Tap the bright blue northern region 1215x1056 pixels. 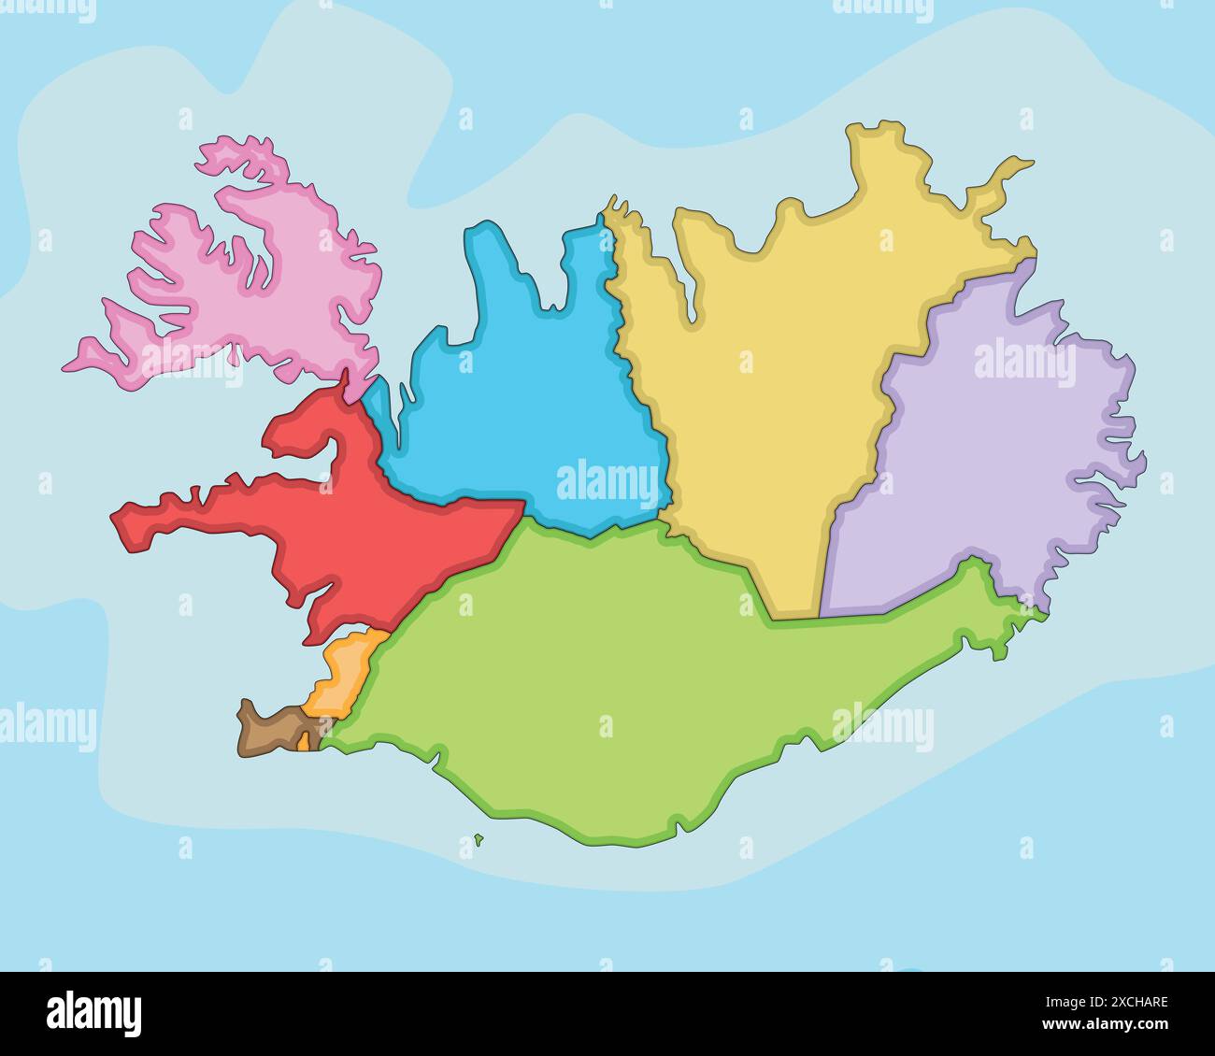pyautogui.click(x=523, y=392)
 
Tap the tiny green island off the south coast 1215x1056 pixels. pyautogui.click(x=479, y=839)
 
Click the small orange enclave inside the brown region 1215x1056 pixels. pyautogui.click(x=304, y=742)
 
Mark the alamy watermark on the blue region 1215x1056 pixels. pyautogui.click(x=607, y=482)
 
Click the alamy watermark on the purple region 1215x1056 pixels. pyautogui.click(x=1024, y=364)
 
